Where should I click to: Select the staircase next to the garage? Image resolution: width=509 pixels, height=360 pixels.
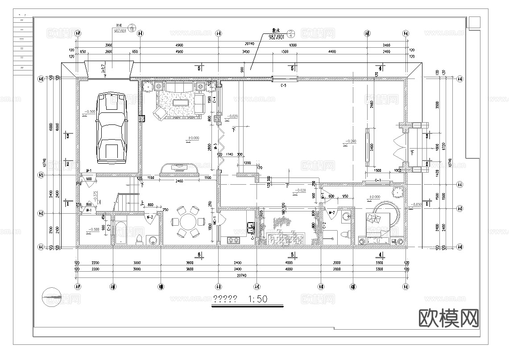[128, 198]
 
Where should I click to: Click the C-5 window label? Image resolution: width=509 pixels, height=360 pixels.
[283, 85]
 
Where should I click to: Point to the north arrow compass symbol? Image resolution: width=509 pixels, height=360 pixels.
[53, 296]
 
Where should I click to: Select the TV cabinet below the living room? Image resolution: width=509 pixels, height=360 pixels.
[179, 169]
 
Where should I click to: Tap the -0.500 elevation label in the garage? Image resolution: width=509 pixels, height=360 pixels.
[89, 112]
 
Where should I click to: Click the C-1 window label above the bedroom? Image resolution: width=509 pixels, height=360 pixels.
[377, 180]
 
